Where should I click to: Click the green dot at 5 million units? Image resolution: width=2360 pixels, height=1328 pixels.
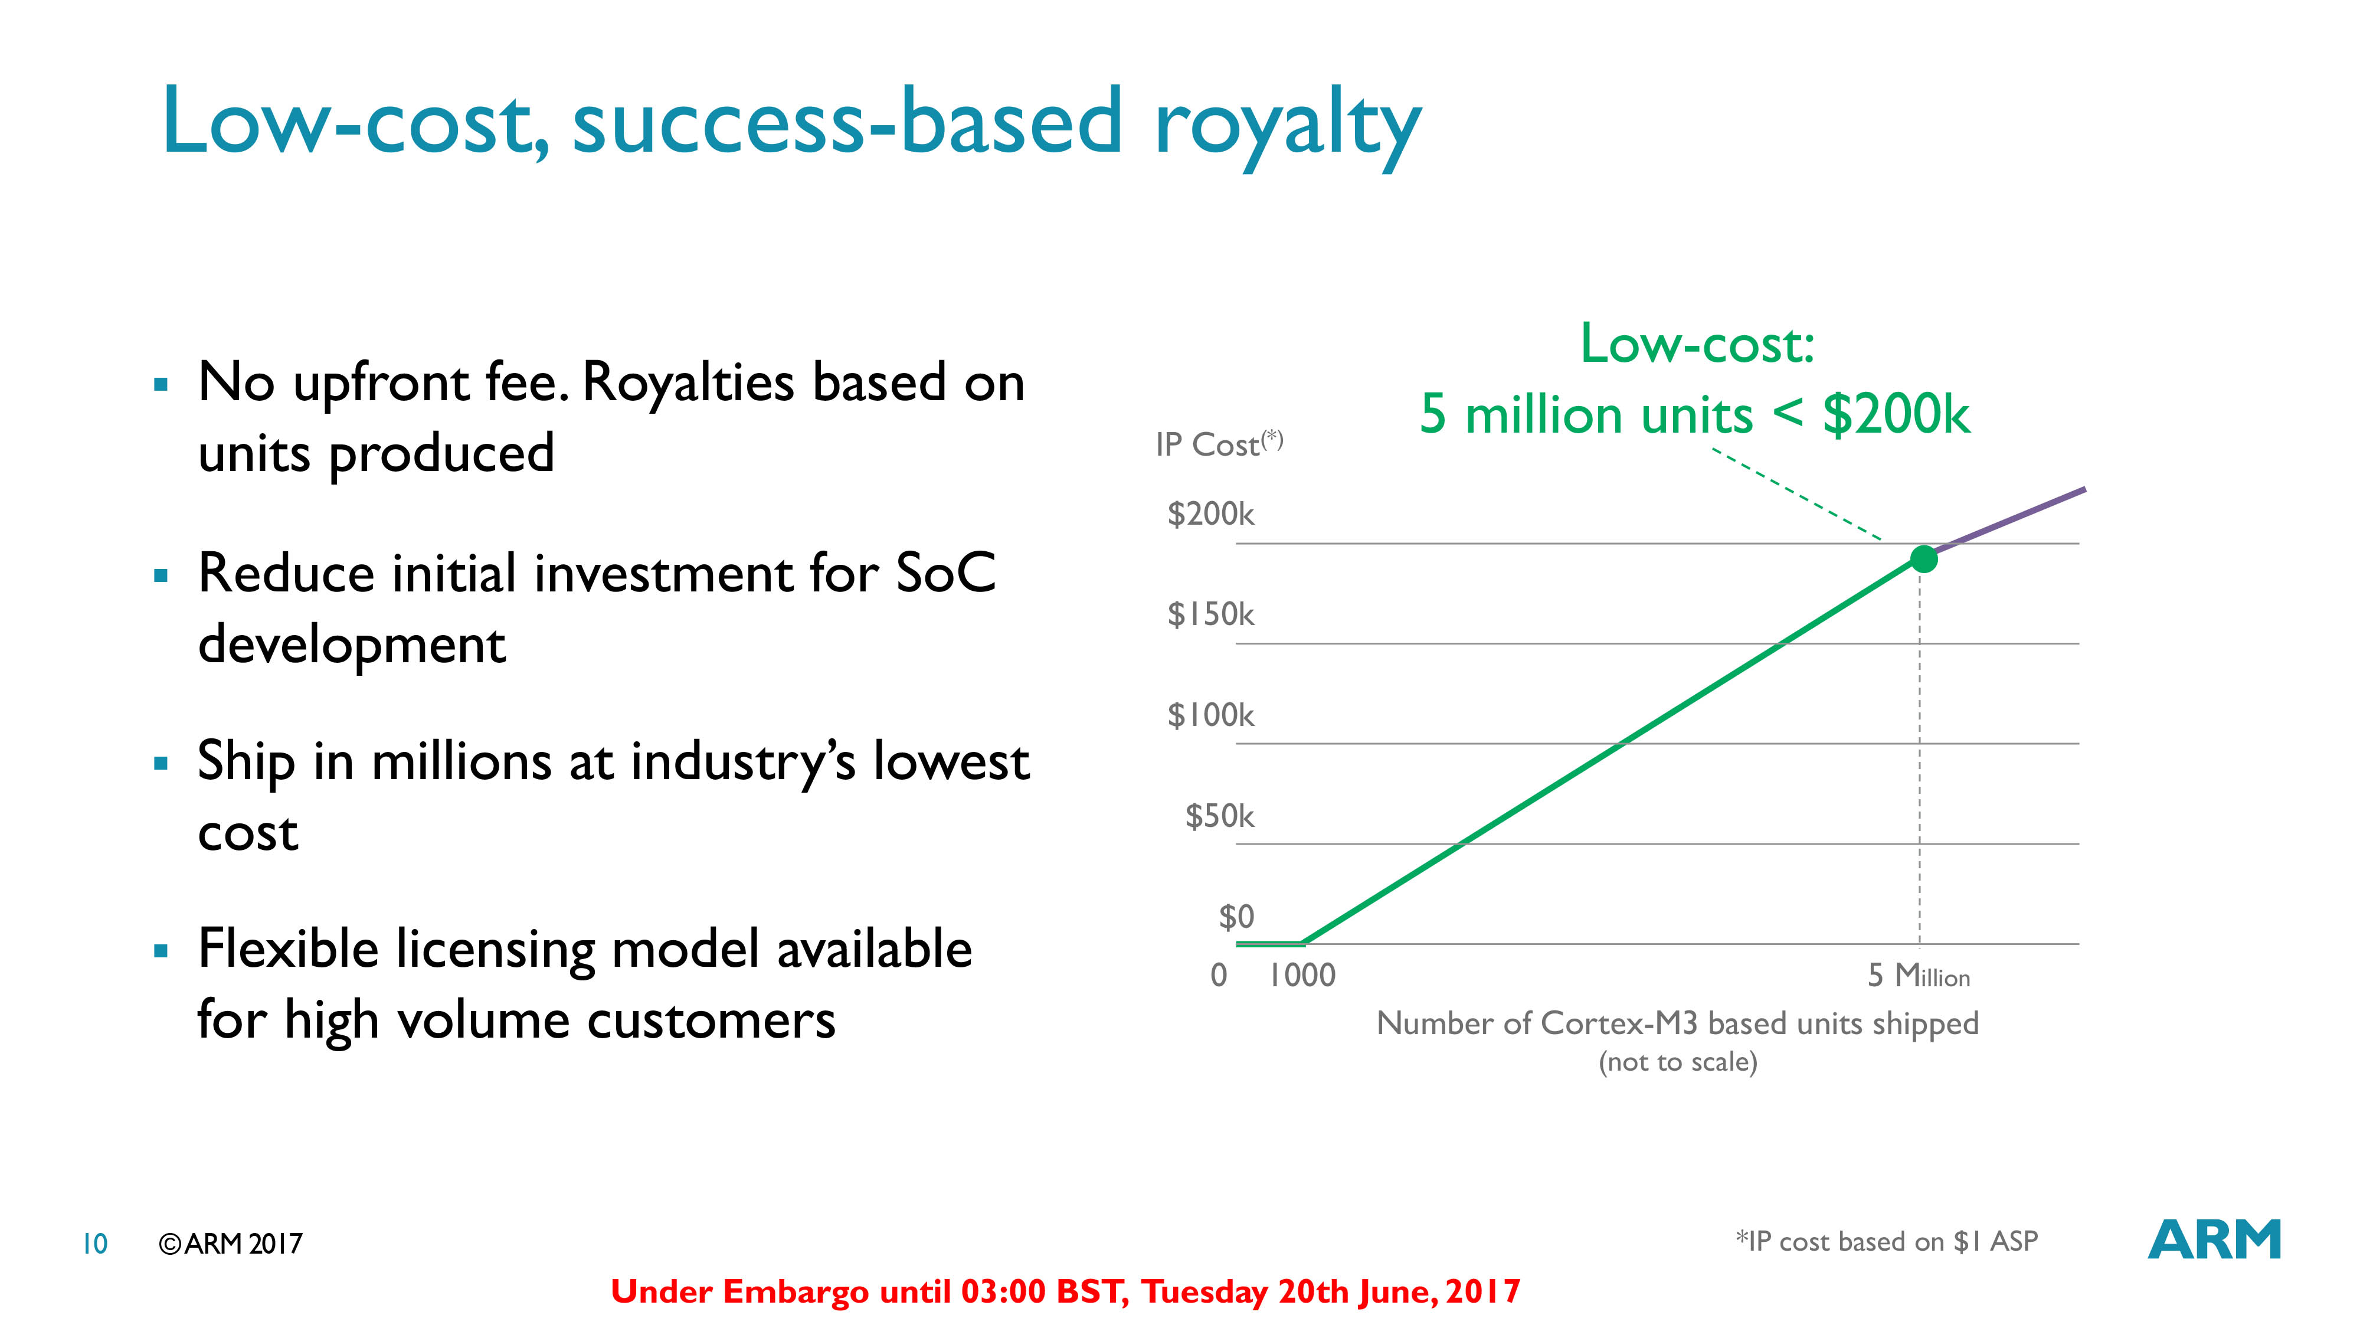tap(1924, 558)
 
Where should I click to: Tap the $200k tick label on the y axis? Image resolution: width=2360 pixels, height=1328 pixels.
tap(1210, 514)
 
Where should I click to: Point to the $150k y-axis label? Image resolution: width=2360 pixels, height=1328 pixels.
tap(1210, 614)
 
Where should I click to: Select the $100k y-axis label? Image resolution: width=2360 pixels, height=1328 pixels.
tap(1210, 715)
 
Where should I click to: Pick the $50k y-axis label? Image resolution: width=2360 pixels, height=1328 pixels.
tap(1219, 816)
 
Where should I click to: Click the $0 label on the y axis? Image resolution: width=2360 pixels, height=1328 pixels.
tap(1236, 917)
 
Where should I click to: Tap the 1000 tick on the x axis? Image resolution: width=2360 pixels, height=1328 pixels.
tap(1302, 975)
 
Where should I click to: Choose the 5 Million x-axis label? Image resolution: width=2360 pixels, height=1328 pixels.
tap(1919, 975)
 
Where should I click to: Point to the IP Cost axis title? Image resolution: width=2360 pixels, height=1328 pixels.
tap(1219, 444)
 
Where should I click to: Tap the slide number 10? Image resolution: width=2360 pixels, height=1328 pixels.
tap(95, 1244)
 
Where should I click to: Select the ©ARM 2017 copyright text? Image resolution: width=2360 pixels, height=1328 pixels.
tap(230, 1244)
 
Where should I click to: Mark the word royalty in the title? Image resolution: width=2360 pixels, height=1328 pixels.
tap(1287, 126)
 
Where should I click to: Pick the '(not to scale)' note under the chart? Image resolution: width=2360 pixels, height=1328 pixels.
tap(1677, 1062)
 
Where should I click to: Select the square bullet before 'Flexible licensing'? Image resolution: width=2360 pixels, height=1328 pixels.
tap(161, 951)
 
